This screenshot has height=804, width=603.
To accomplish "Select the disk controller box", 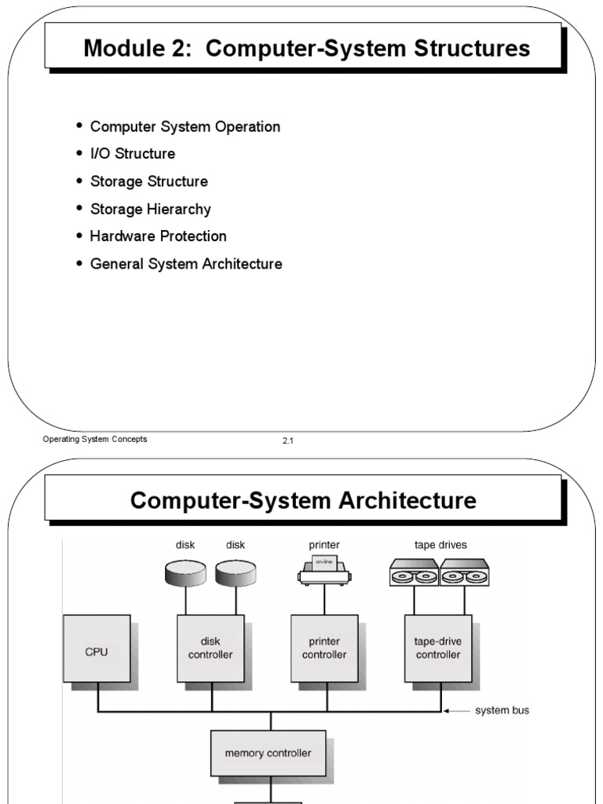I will tap(210, 648).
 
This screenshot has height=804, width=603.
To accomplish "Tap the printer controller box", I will tap(324, 648).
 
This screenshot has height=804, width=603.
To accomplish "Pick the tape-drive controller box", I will tap(437, 648).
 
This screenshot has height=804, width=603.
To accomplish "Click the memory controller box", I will tap(268, 753).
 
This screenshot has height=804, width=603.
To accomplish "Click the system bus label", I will tap(502, 711).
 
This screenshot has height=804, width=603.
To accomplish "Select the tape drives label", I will tap(440, 544).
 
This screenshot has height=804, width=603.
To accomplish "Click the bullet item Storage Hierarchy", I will tap(150, 209).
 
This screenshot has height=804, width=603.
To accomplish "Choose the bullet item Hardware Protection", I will tap(158, 236).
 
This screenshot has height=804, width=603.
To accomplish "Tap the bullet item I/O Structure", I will tap(133, 154).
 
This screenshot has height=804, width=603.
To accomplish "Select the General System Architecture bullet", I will tap(186, 264).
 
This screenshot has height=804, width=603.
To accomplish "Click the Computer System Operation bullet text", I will tap(185, 126).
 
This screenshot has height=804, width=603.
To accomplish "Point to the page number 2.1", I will tap(287, 441).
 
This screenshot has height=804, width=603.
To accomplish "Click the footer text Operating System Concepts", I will tap(95, 440).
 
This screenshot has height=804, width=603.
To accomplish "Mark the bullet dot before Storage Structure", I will tap(79, 181).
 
